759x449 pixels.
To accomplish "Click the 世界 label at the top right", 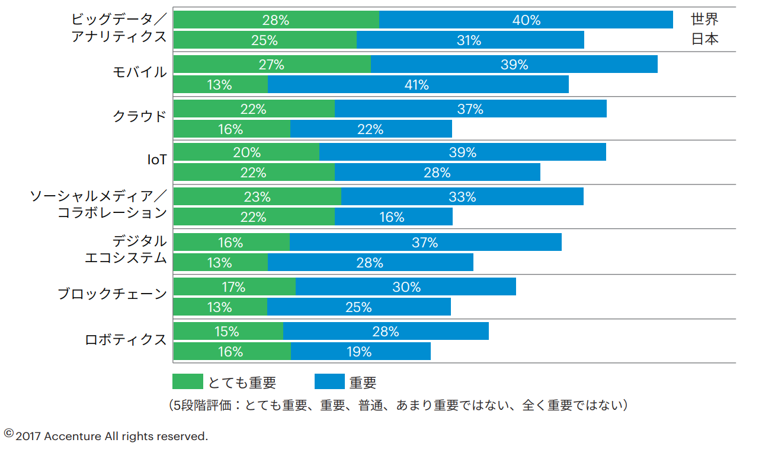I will click(704, 20).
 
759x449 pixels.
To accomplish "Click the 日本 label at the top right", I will click(704, 40).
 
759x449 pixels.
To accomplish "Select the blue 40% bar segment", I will click(526, 20).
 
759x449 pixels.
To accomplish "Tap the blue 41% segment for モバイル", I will click(418, 85).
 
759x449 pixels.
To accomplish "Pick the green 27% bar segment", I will click(272, 65).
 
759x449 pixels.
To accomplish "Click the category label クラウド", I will click(140, 116).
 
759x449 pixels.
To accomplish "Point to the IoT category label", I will click(156, 160).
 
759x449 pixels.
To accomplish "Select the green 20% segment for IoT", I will click(246, 152).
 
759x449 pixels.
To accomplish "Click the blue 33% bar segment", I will click(462, 197).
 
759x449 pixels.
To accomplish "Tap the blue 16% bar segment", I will click(393, 217).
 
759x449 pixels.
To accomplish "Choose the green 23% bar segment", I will click(257, 197).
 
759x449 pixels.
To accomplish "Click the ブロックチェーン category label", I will click(112, 294).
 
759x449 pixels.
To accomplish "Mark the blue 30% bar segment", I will click(406, 287).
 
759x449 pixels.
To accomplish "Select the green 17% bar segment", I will click(234, 287).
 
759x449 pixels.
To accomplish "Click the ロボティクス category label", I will click(126, 340).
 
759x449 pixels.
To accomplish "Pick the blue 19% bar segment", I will click(360, 352).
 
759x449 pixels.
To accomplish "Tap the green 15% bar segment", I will click(228, 332).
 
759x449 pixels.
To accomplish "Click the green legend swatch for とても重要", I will click(187, 382).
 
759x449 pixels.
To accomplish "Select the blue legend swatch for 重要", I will click(329, 382).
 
